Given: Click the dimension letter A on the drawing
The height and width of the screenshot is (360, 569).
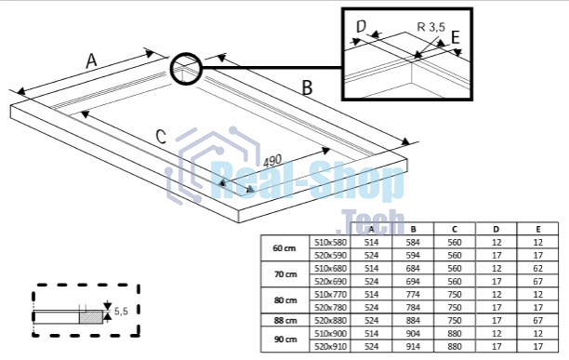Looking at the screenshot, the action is tap(91, 60).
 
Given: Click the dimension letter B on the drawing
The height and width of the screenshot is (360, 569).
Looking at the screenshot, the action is tap(307, 87).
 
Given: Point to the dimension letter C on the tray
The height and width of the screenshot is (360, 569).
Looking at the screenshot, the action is tap(161, 137).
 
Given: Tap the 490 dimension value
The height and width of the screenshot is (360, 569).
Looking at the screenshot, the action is tap(272, 161).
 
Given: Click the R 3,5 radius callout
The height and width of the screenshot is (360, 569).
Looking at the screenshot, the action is tap(430, 27).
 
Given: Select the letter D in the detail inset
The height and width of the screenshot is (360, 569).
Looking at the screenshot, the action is tap(362, 26).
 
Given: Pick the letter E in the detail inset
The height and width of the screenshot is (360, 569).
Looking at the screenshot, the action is tap(455, 37).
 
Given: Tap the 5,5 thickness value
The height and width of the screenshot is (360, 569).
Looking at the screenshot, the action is tap(121, 311).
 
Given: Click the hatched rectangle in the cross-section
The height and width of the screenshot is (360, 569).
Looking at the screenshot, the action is tap(91, 317).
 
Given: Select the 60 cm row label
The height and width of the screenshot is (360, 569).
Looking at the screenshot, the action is tap(284, 248).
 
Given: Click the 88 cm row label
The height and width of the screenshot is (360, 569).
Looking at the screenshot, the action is tap(285, 320).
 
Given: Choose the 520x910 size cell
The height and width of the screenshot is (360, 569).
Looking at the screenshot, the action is tap(331, 347).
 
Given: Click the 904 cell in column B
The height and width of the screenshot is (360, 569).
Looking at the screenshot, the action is tap(413, 334).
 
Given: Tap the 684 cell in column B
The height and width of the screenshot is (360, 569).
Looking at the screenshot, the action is tap(413, 268).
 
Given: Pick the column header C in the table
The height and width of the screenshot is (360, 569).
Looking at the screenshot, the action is tap(455, 229).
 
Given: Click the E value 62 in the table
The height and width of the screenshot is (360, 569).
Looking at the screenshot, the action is tap(537, 268).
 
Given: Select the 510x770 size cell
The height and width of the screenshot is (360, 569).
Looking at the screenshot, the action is tap(331, 294).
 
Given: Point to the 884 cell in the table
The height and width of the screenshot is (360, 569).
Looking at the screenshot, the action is tap(413, 320).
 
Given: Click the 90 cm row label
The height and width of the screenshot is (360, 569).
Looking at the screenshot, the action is tap(285, 340).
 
